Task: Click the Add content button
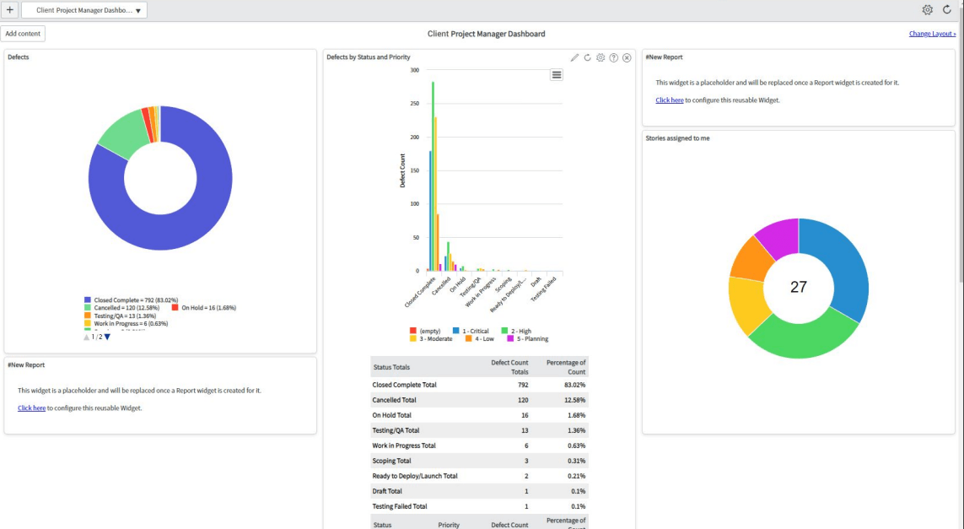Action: pos(23,34)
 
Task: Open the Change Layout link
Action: pos(932,34)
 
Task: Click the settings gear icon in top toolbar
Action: pos(927,10)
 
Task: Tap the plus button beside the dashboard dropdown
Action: pos(9,10)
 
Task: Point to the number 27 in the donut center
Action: pos(798,287)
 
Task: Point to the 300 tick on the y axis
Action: pos(414,70)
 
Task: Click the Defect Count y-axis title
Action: pos(402,170)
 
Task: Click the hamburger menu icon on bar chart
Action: pos(557,74)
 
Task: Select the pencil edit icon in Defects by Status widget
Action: pos(574,57)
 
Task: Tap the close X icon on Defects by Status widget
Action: pos(627,57)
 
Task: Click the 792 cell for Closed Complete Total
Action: pos(523,385)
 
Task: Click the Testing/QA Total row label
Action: pos(396,430)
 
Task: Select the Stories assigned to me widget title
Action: pos(677,138)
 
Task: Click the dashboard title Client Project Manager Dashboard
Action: pos(486,34)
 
